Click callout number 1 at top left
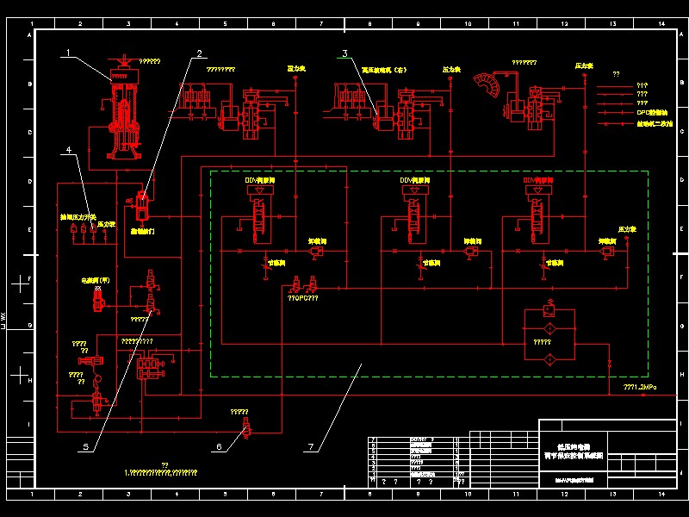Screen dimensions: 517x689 click(x=66, y=53)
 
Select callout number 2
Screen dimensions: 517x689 click(x=199, y=53)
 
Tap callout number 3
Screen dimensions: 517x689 click(x=344, y=53)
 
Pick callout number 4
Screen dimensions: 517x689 click(x=67, y=150)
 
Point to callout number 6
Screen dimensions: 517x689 click(x=219, y=447)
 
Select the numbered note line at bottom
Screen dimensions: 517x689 click(x=161, y=472)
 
